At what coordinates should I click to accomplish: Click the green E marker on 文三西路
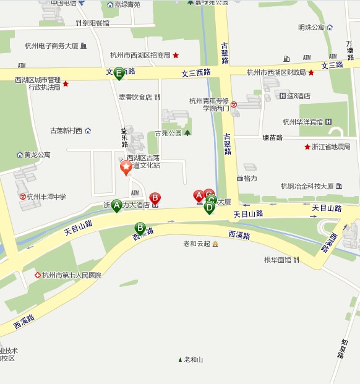[x=119, y=72]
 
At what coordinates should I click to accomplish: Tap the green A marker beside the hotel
[x=116, y=206]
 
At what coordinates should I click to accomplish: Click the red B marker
[x=155, y=198]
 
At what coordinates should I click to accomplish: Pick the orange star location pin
[x=126, y=167]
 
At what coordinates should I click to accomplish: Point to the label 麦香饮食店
[x=135, y=97]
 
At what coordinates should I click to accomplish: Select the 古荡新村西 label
[x=66, y=130]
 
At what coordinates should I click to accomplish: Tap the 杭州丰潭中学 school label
[x=46, y=197]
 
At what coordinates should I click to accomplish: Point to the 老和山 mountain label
[x=193, y=359]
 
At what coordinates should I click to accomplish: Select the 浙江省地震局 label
[x=332, y=147]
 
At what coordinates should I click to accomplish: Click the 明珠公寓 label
[x=311, y=27]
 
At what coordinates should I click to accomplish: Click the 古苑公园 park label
[x=168, y=133]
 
